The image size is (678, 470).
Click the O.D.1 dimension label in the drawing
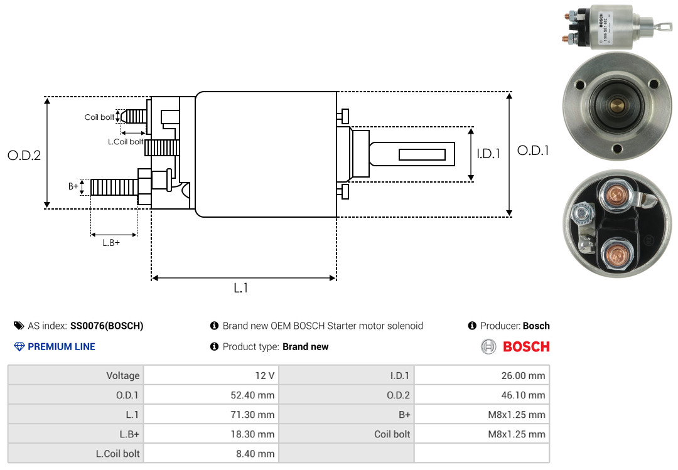click(533, 151)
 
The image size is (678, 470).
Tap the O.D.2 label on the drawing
click(24, 156)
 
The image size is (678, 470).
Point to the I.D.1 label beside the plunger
click(488, 153)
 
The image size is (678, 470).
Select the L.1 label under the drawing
click(242, 288)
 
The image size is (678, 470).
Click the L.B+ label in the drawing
click(111, 243)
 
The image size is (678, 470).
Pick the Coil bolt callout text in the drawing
click(99, 117)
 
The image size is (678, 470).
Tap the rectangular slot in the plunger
click(422, 154)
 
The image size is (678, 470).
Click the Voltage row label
click(122, 376)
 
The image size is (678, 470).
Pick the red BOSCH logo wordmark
click(526, 346)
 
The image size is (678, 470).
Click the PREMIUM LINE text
click(62, 346)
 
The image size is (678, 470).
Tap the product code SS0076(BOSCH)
click(107, 326)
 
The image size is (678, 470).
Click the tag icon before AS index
click(19, 326)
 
